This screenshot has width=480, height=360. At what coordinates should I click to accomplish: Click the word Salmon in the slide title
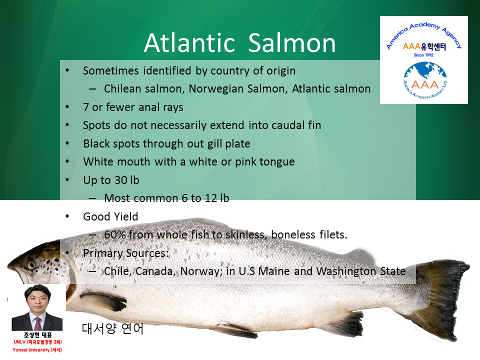point(292,43)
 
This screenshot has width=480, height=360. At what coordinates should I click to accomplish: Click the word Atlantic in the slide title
point(189,43)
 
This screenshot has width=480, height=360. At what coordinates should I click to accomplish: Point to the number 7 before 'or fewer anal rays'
point(86,107)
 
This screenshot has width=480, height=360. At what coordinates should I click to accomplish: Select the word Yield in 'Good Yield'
point(126,216)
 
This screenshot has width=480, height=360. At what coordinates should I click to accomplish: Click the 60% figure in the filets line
point(115,235)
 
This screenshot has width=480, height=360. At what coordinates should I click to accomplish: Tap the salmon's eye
point(31,264)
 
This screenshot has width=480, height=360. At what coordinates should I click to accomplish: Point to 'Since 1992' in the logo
point(423,55)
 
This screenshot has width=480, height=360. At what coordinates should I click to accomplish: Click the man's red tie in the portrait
point(37,323)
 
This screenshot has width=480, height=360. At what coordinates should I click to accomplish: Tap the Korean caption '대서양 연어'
point(112,328)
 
